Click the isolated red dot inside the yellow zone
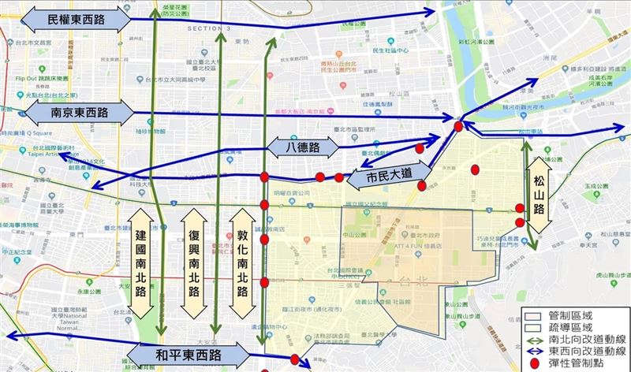(x=475, y=169)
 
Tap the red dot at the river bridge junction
(x=458, y=126)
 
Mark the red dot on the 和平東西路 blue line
(x=294, y=361)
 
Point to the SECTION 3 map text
(x=209, y=28)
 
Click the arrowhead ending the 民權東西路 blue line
(x=432, y=11)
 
